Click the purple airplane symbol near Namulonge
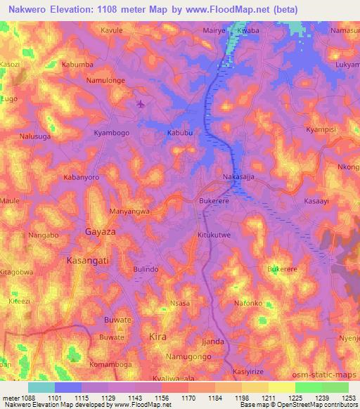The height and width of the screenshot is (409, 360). coord(141,105)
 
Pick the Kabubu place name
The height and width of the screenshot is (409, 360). coord(179,132)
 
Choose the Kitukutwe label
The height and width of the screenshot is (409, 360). coord(214,237)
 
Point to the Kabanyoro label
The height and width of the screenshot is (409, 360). coord(82,178)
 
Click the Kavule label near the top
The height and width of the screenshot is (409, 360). coord(111,31)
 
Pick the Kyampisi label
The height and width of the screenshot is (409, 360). coord(323,131)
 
